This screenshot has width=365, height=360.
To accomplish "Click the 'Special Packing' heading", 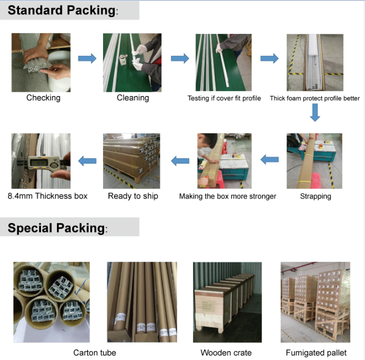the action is pos(57,228).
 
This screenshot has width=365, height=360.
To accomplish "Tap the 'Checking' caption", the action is pos(43,98).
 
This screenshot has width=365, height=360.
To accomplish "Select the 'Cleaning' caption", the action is pos(132,98).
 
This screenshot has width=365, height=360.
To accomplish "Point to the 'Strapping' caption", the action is pos(315,196).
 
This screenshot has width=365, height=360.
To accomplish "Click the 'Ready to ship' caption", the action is pos(133,196).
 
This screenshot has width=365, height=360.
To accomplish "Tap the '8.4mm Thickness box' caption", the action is pos(47,196).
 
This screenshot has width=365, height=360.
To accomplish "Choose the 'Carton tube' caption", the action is pos(94,352).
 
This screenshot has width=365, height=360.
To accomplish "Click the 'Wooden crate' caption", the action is pos(226,352).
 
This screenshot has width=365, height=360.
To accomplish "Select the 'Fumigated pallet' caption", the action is pos(316,352).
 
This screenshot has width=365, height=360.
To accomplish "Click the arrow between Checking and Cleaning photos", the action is pos(87,58).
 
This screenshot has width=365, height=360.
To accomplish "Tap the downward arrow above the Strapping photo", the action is pos(314,114).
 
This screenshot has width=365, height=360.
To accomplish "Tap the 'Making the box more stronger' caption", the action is pos(227,196).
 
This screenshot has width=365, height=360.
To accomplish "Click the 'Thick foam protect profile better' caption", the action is pos(314,98).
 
